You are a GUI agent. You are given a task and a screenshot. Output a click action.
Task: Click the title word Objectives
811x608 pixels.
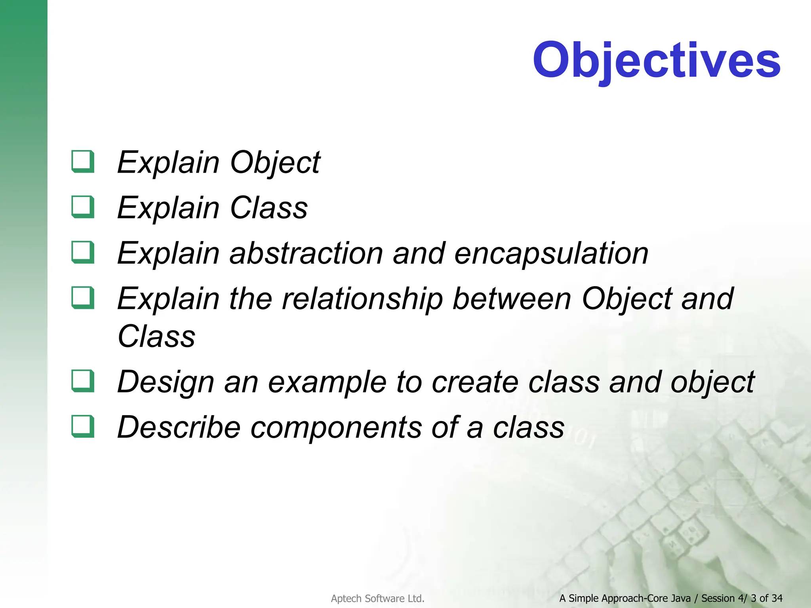[x=656, y=60]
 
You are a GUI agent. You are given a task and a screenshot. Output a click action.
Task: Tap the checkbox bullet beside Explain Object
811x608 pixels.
[x=83, y=161]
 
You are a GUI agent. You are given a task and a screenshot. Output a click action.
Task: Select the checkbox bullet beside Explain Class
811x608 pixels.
[x=83, y=207]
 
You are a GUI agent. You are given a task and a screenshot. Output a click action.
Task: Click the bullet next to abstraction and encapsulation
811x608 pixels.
[x=83, y=253]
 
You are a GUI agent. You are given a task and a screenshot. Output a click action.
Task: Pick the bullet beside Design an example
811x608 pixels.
[x=83, y=381]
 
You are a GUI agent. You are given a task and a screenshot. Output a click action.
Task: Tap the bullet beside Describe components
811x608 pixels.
[x=83, y=426]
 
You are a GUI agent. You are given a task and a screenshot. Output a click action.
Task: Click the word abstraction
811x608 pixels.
[x=306, y=253]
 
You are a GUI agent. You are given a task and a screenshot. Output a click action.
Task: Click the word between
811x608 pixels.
[x=512, y=299]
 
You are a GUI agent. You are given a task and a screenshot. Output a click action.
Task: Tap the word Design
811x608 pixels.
[x=166, y=382]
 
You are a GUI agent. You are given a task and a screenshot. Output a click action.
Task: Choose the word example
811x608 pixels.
[x=327, y=382]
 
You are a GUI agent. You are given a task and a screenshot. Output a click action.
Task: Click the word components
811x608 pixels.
[x=336, y=428]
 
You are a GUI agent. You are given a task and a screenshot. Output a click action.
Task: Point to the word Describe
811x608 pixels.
[x=179, y=427]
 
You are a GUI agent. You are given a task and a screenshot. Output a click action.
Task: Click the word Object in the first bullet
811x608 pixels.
[x=275, y=163]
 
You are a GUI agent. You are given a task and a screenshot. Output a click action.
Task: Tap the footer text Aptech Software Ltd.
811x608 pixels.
[x=377, y=598]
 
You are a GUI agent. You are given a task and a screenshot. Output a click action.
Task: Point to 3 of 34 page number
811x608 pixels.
[x=767, y=598]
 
